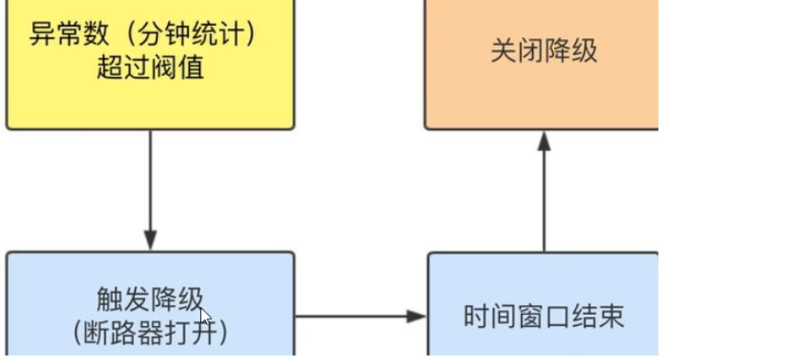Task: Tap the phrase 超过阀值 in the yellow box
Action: pos(150,67)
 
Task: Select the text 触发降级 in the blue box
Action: pos(150,300)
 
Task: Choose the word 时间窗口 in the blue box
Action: pos(517,316)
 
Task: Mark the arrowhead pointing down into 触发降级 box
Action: pos(150,242)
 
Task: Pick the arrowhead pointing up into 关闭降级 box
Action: pos(544,140)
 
